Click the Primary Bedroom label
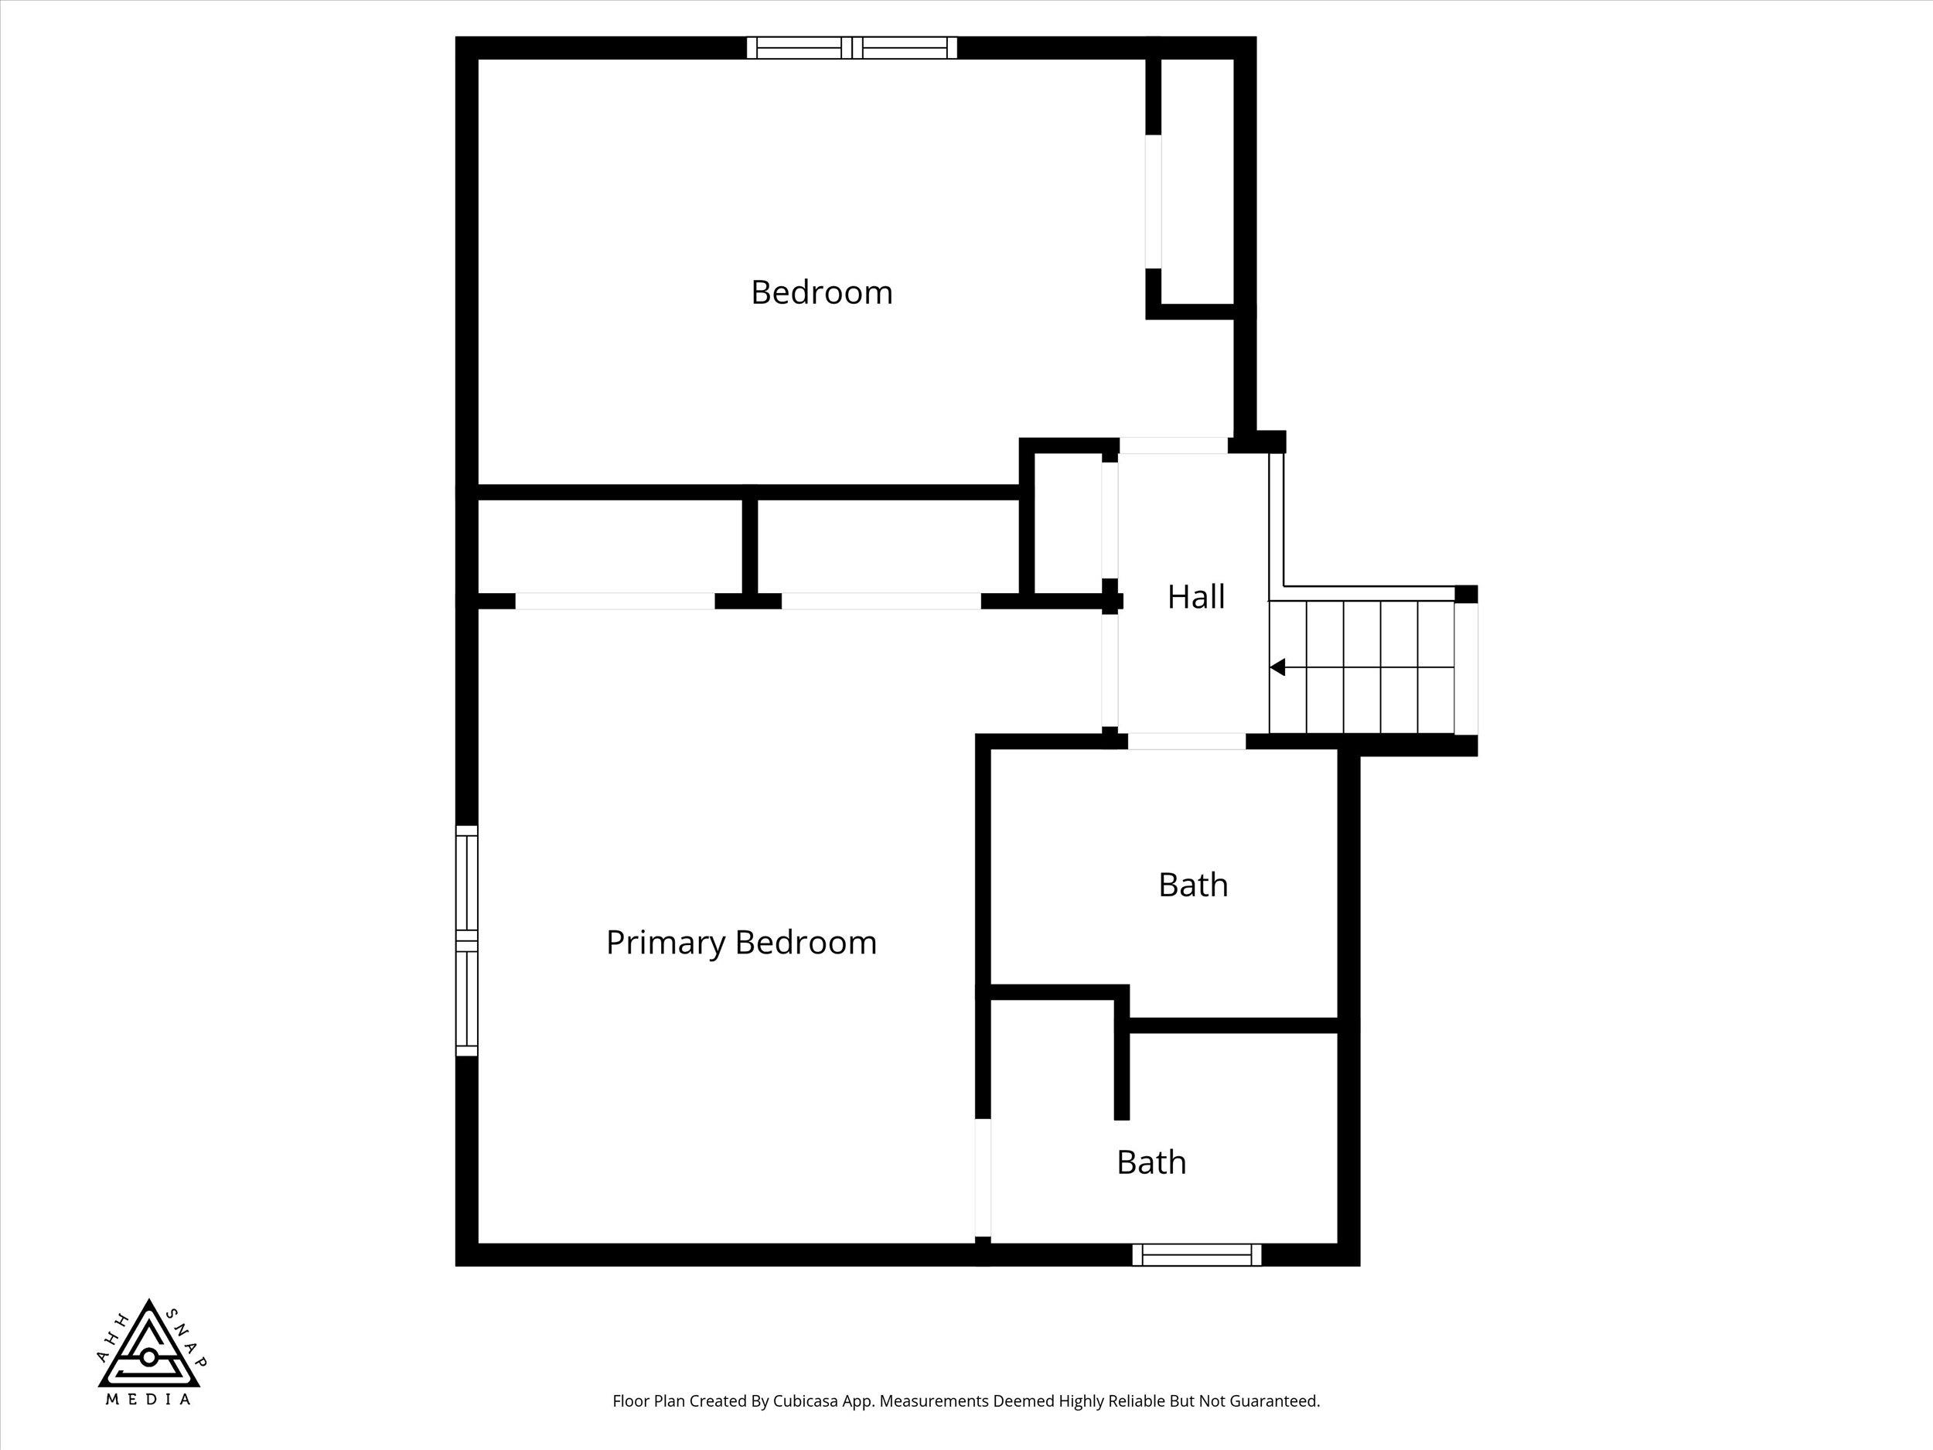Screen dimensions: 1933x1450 click(x=741, y=943)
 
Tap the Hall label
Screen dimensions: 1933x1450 click(x=1195, y=597)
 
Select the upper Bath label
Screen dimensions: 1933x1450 click(x=1193, y=885)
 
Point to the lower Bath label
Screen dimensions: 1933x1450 click(x=1151, y=1162)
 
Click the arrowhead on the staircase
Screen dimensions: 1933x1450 click(x=1277, y=667)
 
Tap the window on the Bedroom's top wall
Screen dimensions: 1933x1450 click(x=852, y=47)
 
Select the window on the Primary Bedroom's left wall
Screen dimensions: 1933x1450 click(x=468, y=940)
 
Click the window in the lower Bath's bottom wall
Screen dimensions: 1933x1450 click(x=1197, y=1255)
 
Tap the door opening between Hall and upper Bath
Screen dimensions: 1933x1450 click(x=1187, y=741)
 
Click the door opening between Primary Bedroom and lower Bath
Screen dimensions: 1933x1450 click(x=983, y=1179)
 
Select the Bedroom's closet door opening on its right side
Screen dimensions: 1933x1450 click(x=1154, y=202)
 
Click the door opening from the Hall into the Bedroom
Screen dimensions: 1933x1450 click(x=1174, y=445)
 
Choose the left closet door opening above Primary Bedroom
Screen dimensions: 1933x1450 click(x=615, y=602)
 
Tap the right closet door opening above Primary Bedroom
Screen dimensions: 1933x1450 click(x=881, y=602)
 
